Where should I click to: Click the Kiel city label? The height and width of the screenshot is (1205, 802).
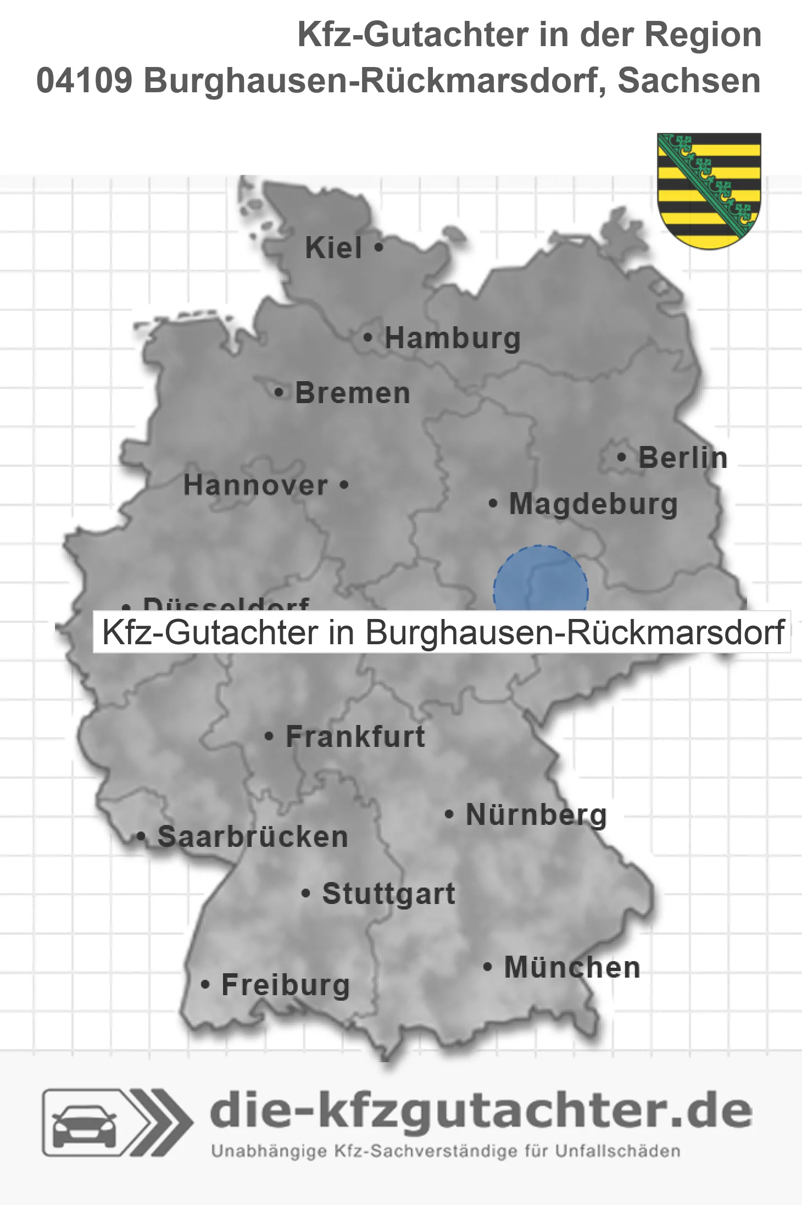click(333, 248)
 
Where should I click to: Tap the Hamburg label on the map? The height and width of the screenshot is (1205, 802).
click(452, 338)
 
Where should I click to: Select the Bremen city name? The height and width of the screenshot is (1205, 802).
click(353, 393)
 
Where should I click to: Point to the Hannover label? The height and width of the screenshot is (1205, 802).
click(255, 486)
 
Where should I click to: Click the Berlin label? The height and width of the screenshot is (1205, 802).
click(683, 458)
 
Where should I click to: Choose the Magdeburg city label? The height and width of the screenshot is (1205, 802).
click(593, 504)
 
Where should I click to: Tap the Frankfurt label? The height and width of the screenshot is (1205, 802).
click(355, 737)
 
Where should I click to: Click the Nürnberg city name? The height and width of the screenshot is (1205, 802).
click(536, 815)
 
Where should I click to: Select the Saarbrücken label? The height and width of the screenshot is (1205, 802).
click(253, 837)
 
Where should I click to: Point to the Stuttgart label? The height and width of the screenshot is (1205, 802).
click(388, 894)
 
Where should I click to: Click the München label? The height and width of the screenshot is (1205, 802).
click(572, 967)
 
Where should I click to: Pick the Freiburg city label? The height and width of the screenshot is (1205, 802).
click(286, 985)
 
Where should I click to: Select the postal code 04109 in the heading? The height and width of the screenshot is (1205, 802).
click(84, 81)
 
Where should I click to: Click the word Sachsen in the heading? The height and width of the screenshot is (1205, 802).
click(689, 81)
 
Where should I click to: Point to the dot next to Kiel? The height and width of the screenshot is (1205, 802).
click(378, 247)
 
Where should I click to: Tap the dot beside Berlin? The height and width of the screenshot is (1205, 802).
click(622, 457)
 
